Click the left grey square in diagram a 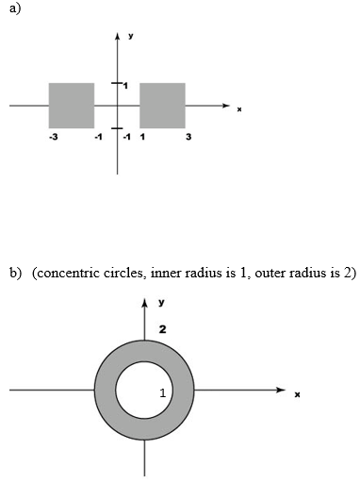pyautogui.click(x=72, y=105)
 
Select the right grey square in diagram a pyautogui.click(x=162, y=105)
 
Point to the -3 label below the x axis pyautogui.click(x=54, y=138)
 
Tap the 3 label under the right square pyautogui.click(x=188, y=138)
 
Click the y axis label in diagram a pyautogui.click(x=131, y=36)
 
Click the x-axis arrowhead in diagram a pyautogui.click(x=226, y=105)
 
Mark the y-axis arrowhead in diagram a pyautogui.click(x=117, y=36)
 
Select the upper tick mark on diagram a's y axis pyautogui.click(x=117, y=84)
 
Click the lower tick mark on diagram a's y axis pyautogui.click(x=117, y=127)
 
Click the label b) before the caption pyautogui.click(x=15, y=274)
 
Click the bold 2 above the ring pyautogui.click(x=162, y=329)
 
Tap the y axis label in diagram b pyautogui.click(x=162, y=302)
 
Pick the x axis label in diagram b pyautogui.click(x=297, y=393)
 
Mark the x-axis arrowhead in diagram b pyautogui.click(x=280, y=389)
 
